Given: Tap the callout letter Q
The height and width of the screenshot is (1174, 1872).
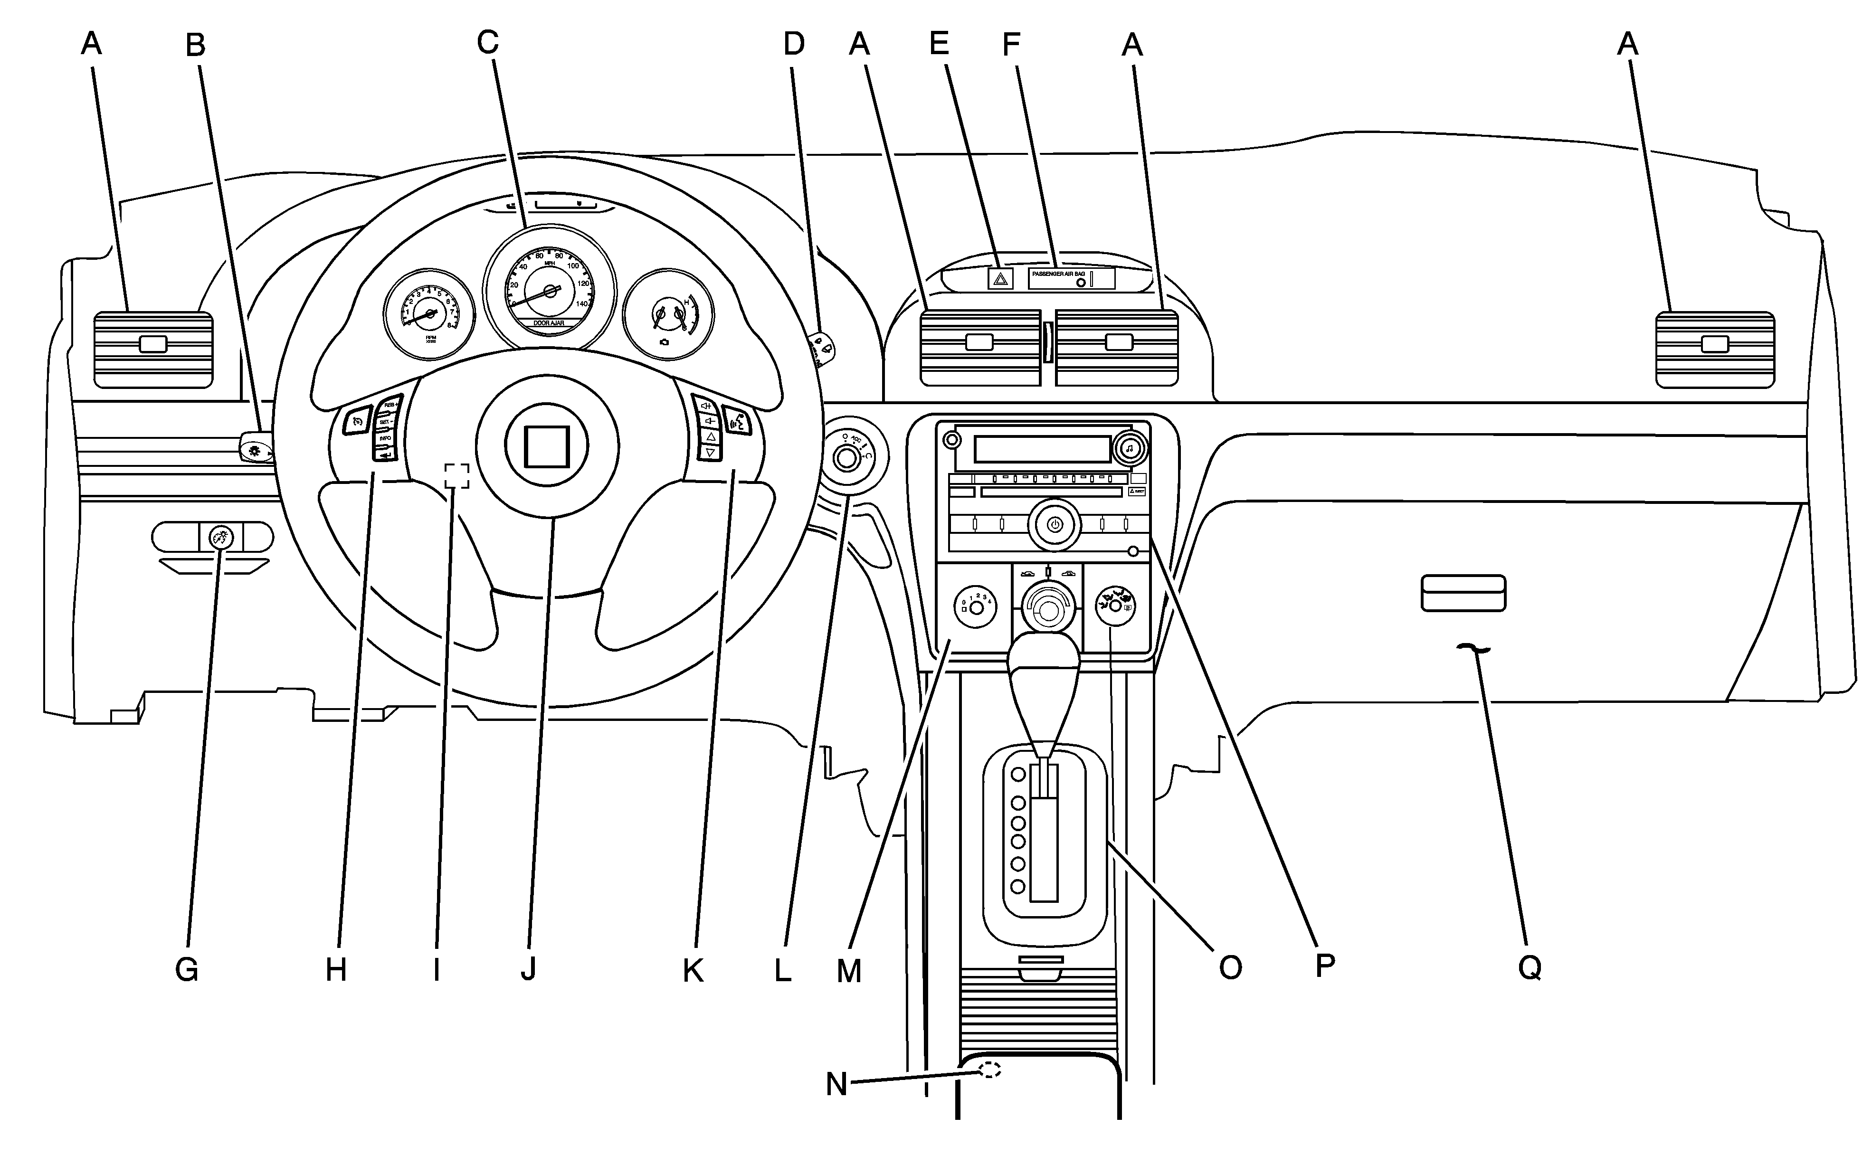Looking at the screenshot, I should tap(1529, 967).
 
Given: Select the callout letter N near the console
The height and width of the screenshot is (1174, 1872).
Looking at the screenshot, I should tap(836, 1084).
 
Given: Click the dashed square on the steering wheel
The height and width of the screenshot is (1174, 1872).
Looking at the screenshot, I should tap(456, 476).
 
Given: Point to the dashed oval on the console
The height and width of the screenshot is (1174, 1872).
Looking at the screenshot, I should tap(988, 1070).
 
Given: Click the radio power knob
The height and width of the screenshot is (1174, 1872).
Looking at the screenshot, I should tap(1054, 525).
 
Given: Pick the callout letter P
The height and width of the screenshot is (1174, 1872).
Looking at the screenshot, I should tap(1325, 965).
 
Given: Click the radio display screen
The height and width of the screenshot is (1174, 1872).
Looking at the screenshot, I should tap(1042, 449).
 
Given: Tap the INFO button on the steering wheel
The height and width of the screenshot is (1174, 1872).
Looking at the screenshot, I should tap(384, 439).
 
